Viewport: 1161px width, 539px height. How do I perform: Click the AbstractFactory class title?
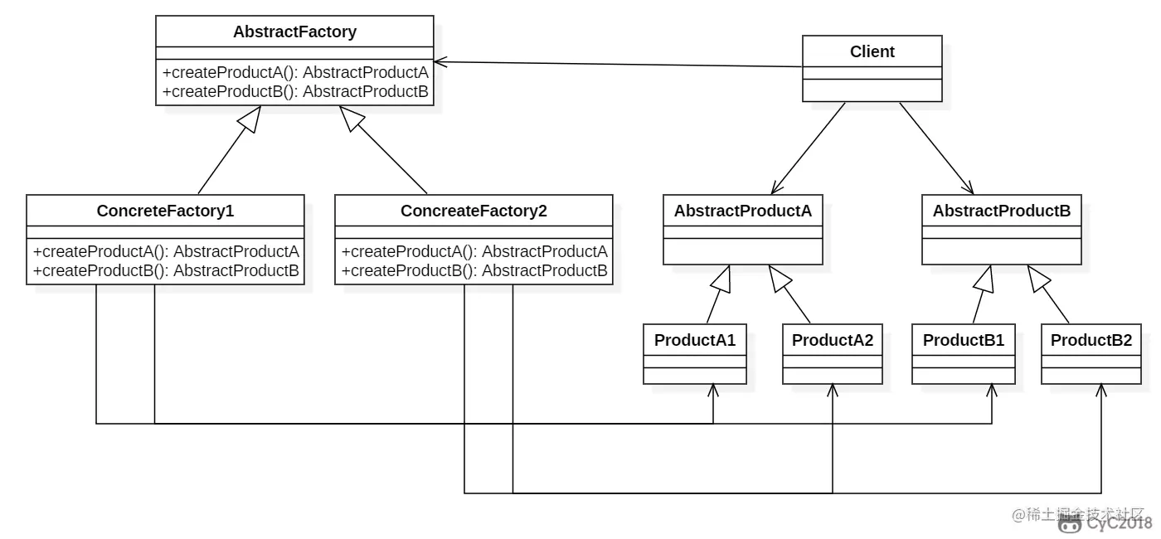(x=294, y=32)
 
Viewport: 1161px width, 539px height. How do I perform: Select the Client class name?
(x=872, y=51)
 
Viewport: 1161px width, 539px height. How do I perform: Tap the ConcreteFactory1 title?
(x=165, y=211)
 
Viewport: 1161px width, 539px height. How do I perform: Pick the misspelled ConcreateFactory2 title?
(x=474, y=211)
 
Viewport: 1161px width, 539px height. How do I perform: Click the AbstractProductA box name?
(x=742, y=211)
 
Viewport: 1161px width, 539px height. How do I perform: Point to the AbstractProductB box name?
(x=1001, y=211)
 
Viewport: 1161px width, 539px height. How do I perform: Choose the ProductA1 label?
(x=695, y=340)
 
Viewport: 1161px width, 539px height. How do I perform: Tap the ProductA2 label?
(x=833, y=340)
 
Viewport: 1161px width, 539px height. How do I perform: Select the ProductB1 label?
(x=963, y=340)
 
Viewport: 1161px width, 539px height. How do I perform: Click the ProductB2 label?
(x=1091, y=340)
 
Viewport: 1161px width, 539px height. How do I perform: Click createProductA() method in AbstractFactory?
(x=295, y=72)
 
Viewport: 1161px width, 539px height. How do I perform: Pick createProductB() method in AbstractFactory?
(x=295, y=91)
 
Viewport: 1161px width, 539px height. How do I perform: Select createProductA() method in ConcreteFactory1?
(x=166, y=251)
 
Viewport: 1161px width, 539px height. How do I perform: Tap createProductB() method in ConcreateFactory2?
(x=474, y=270)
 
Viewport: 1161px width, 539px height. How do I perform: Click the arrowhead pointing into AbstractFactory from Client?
(x=440, y=61)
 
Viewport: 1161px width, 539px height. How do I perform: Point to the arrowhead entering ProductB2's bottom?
(x=1102, y=389)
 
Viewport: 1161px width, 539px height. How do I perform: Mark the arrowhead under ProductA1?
(x=713, y=389)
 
